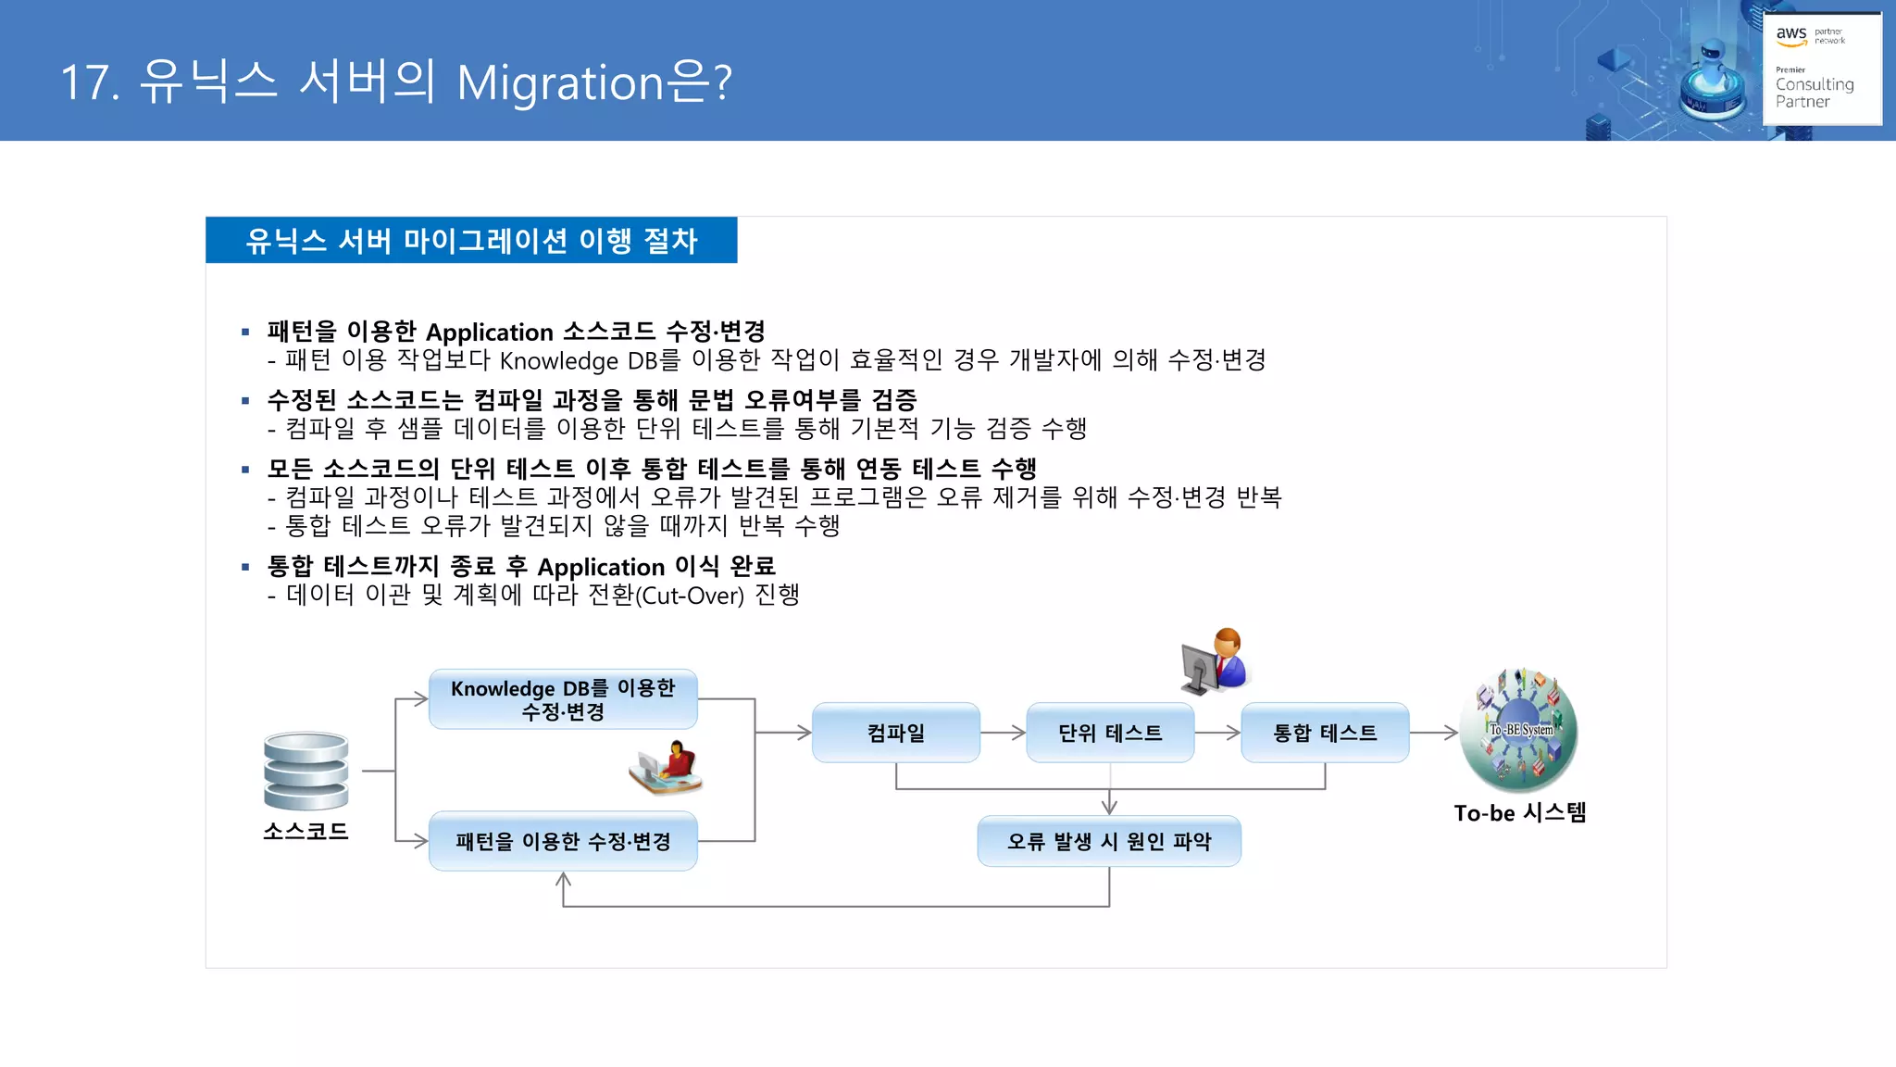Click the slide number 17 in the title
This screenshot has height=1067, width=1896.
pos(88,82)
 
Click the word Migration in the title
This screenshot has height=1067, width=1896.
pos(560,83)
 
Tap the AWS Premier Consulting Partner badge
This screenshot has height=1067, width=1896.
pos(1821,68)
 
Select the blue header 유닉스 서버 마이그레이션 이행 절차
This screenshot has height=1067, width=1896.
pos(471,241)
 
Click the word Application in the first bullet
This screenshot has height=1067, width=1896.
pos(489,333)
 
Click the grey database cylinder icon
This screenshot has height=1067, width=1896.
pos(306,771)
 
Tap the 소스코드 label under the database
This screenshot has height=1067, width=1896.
pos(306,831)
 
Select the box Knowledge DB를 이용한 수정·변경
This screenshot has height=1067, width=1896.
pos(563,700)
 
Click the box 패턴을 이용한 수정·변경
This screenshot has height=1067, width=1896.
pos(563,841)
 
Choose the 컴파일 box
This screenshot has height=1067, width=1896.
pos(895,733)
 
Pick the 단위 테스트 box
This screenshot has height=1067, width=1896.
pos(1109,733)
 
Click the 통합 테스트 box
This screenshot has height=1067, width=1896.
pos(1324,733)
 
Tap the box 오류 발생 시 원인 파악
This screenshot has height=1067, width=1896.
pos(1108,841)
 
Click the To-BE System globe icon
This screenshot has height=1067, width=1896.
pos(1519,730)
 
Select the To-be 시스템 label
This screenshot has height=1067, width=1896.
pos(1519,813)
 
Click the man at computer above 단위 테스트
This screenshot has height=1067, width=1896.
pos(1216,661)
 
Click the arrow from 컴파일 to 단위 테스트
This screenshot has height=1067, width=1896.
pos(1003,733)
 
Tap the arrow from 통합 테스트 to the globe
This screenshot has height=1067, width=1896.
pos(1433,733)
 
